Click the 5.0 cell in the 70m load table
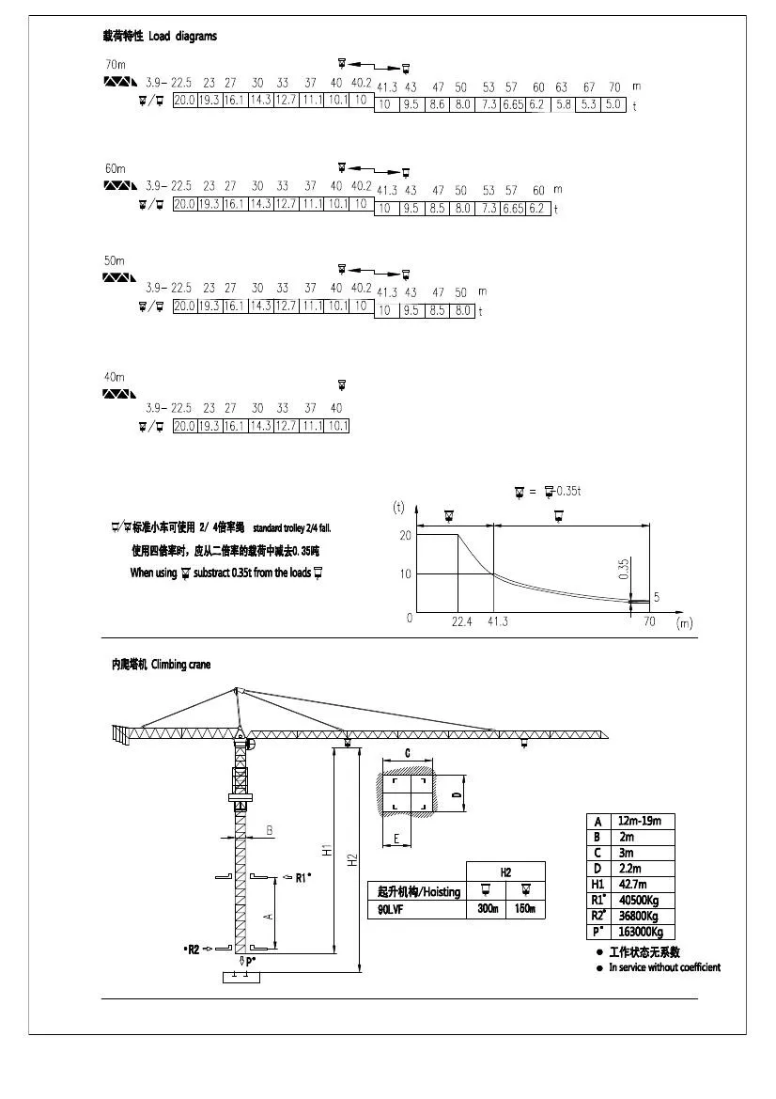[x=613, y=104]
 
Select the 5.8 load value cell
[x=562, y=104]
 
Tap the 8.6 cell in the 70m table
[x=437, y=104]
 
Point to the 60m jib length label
[x=115, y=168]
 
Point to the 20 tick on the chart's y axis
[x=406, y=535]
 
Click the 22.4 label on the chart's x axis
[x=460, y=622]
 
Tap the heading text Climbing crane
[x=181, y=665]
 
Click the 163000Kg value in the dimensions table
[x=641, y=932]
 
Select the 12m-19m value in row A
[x=640, y=821]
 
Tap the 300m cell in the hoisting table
[x=487, y=909]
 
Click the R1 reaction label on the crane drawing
[x=303, y=878]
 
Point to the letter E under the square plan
[x=397, y=838]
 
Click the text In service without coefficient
[x=664, y=967]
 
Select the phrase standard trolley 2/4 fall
[x=292, y=528]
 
